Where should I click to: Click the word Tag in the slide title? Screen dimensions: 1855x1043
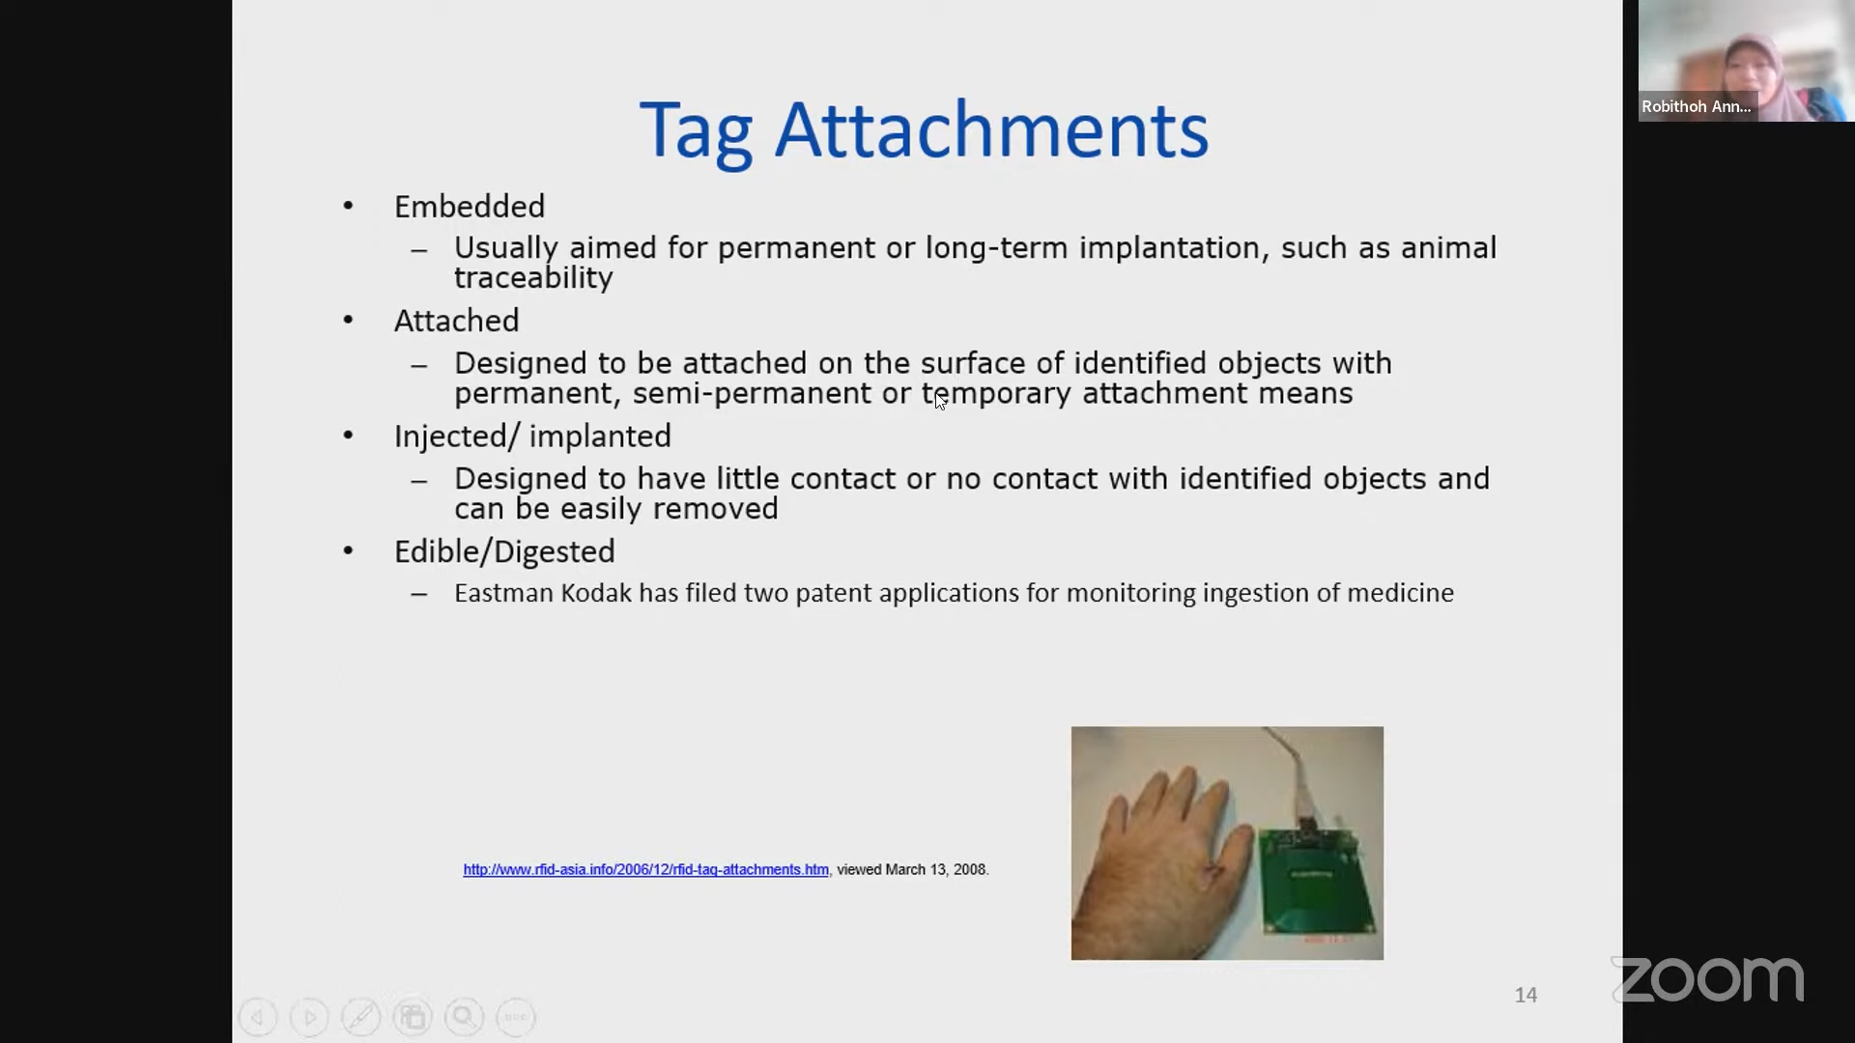[697, 132]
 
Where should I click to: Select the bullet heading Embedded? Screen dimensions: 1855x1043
[470, 207]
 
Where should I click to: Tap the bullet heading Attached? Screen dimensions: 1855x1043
[457, 321]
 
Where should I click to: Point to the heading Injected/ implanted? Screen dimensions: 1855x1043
[532, 437]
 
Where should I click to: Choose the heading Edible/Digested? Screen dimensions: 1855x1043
[504, 551]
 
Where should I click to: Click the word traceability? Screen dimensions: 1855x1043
[533, 278]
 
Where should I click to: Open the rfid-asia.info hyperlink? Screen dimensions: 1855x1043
[645, 869]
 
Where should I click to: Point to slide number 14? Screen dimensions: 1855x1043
[1526, 995]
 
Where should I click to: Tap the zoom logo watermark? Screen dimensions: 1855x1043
[1708, 979]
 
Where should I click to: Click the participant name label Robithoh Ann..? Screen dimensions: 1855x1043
[1696, 106]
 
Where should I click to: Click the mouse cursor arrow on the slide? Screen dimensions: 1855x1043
[941, 401]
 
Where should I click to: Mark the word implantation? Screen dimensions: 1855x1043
[1169, 249]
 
